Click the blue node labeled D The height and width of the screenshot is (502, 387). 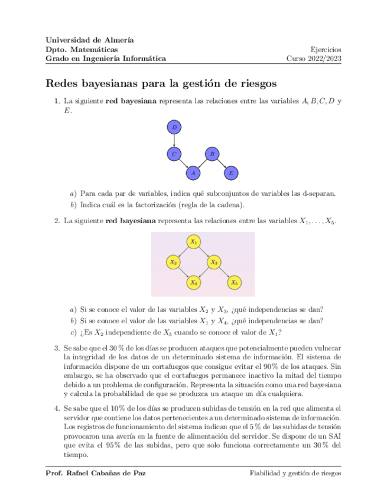point(174,127)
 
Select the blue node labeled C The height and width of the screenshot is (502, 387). point(174,154)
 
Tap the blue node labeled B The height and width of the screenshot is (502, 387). point(212,154)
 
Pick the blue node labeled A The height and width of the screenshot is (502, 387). point(193,173)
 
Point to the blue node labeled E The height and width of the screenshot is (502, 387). point(231,173)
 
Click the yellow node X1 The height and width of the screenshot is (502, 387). point(193,242)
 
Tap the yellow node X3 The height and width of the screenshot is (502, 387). point(214,262)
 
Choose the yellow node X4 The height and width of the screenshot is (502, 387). point(193,282)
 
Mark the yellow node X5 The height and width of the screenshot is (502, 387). point(235,282)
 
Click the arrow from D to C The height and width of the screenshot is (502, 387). point(174,141)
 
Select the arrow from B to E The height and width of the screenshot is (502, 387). point(222,164)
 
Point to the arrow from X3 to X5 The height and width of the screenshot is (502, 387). point(225,272)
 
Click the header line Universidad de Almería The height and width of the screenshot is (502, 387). point(89,40)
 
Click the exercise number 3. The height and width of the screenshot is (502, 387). point(57,348)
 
